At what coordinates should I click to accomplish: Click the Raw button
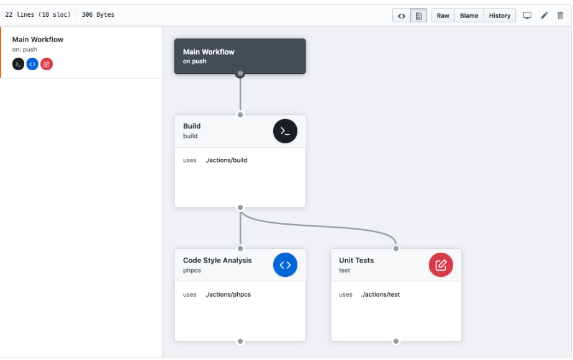pos(443,16)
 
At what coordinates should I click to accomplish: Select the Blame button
pos(469,16)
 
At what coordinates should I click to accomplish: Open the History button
pos(499,16)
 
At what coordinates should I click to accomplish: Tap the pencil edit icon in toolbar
pos(544,16)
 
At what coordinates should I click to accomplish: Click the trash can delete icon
pos(561,16)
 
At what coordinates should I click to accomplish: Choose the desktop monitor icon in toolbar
pos(527,16)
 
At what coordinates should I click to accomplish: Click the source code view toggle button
pos(402,16)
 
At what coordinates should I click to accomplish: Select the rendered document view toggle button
pos(418,16)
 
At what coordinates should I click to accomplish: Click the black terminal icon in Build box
pos(285,131)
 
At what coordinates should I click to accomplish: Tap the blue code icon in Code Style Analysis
pos(285,265)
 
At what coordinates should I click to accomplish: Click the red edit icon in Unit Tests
pos(441,265)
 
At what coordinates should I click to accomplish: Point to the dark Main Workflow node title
pos(209,52)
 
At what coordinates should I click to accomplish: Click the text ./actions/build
pos(226,160)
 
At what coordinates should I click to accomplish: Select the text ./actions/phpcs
pos(228,294)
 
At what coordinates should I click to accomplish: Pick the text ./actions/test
pos(381,294)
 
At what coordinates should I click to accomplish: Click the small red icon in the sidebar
pos(47,64)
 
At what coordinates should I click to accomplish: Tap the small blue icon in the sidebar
pos(32,64)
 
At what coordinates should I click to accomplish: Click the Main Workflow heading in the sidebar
pos(38,40)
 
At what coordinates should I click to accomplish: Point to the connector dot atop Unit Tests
pos(396,248)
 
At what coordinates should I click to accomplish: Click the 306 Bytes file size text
pos(98,15)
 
